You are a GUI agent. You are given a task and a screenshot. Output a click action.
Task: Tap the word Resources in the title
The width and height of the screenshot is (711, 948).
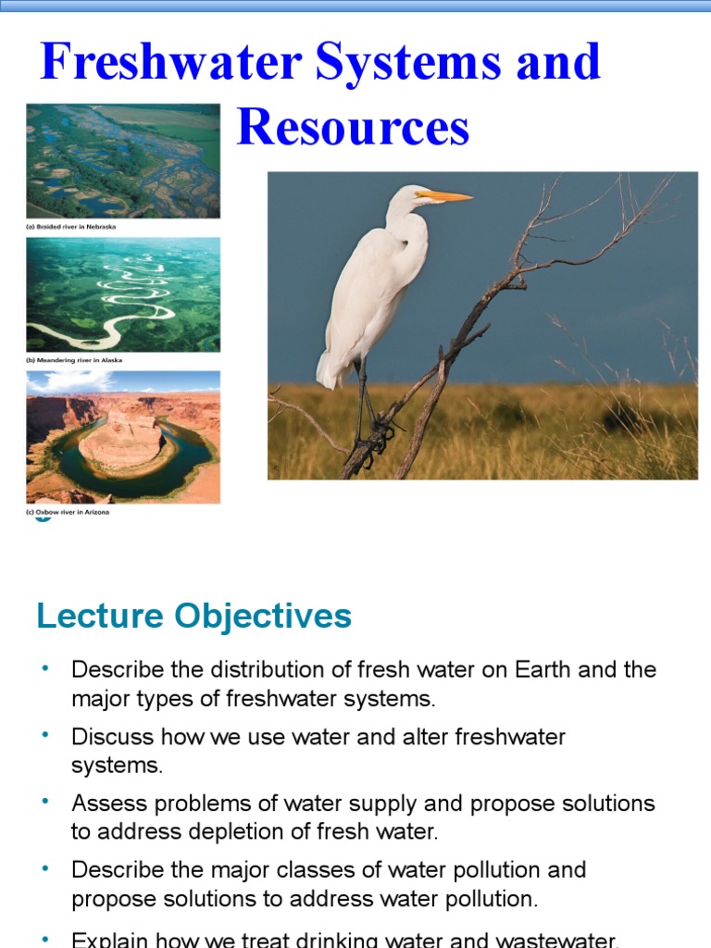[353, 128]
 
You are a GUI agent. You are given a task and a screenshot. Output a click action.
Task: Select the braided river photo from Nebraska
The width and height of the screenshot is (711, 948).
[123, 161]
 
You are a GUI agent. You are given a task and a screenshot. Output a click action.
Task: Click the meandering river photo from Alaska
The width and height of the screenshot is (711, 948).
[123, 294]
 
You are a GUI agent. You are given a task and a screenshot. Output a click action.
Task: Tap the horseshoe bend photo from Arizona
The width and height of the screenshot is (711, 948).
[123, 437]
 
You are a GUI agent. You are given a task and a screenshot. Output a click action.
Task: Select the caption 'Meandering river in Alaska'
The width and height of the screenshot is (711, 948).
[75, 360]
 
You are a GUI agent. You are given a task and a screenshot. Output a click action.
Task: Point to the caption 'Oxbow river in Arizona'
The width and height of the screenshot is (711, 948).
[69, 512]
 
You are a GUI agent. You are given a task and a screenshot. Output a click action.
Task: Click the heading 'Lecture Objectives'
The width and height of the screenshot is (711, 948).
[194, 616]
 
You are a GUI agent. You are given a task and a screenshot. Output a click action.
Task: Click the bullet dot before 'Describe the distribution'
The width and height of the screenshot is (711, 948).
[44, 667]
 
